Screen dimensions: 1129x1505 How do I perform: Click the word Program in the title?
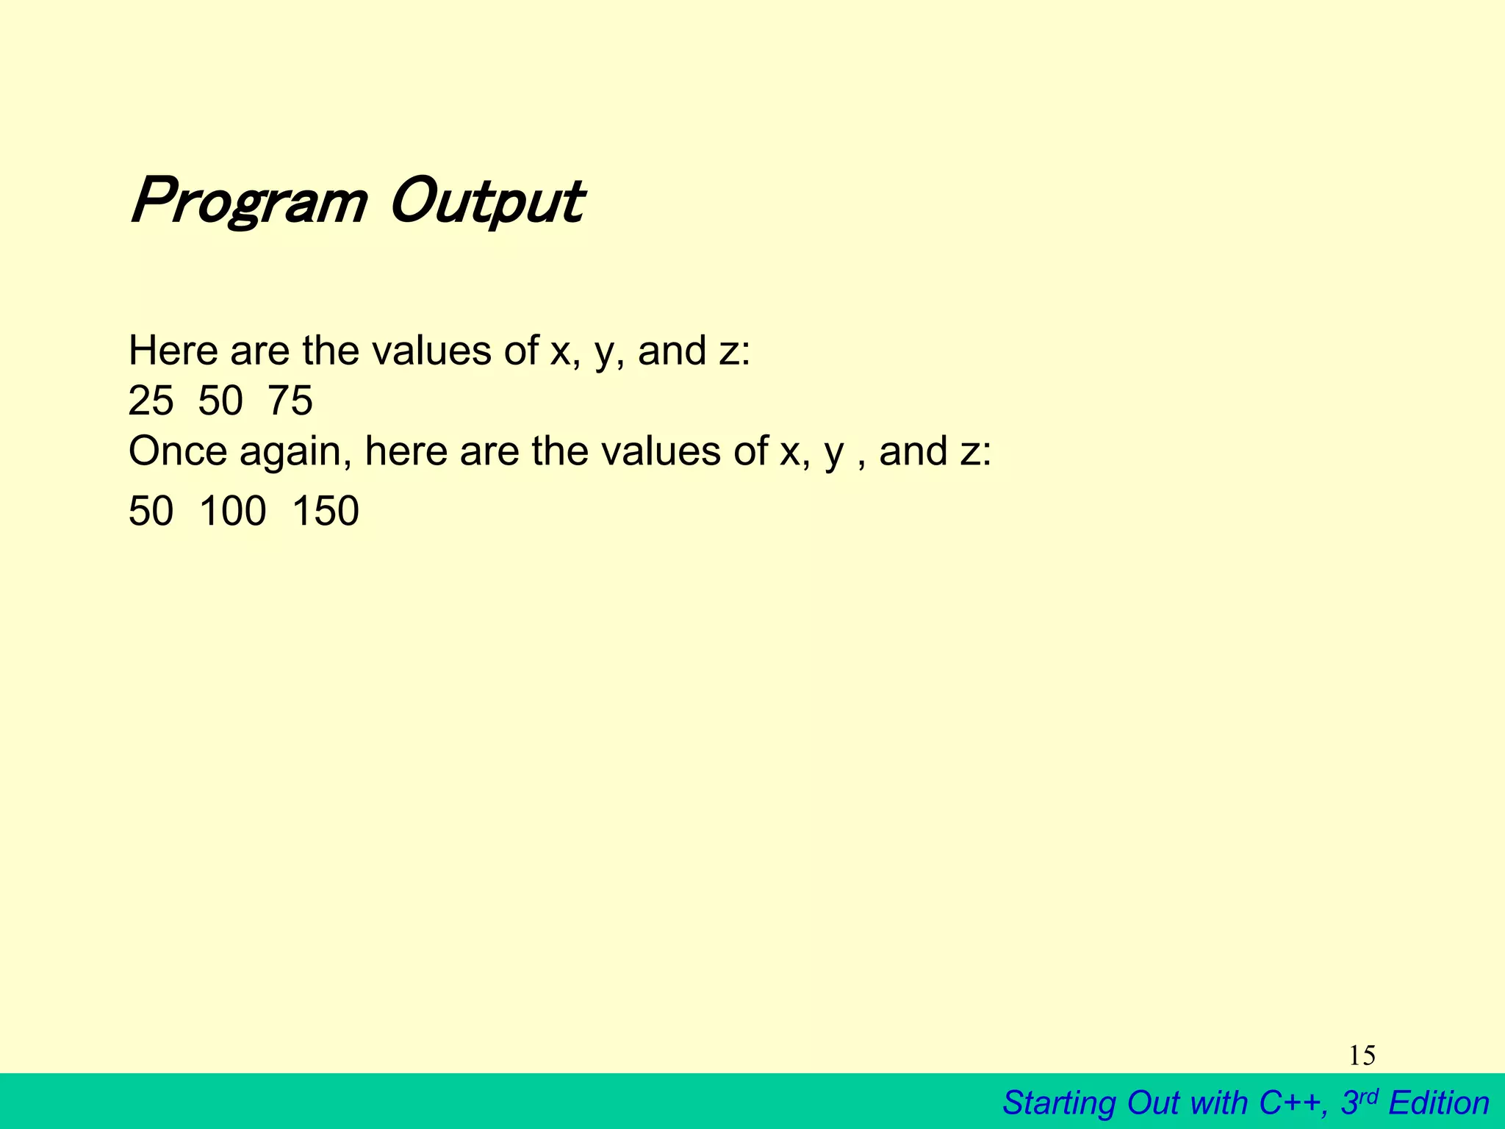coord(248,202)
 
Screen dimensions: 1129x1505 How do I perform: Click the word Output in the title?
coord(486,202)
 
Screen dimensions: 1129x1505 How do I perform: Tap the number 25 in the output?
coord(151,401)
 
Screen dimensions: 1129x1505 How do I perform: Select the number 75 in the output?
coord(290,401)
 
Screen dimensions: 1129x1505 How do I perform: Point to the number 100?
coord(232,512)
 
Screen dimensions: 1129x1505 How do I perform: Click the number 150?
coord(326,512)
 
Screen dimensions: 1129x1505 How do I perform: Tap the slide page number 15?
coord(1362,1055)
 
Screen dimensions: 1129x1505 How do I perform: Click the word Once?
coord(178,451)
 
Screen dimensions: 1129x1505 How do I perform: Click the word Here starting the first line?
coord(173,351)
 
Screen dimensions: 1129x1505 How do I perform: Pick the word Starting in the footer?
coord(1059,1103)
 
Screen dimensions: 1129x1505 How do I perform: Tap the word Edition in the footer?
coord(1439,1103)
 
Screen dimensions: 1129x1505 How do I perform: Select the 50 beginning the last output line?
coord(151,512)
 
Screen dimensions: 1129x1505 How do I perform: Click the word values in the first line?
coord(431,351)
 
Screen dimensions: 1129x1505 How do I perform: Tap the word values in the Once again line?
coord(661,451)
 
